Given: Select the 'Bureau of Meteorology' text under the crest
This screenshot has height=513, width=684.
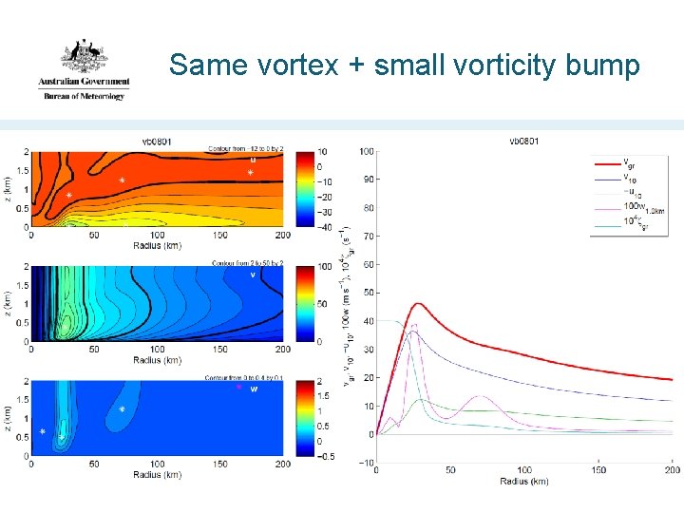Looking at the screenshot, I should [x=83, y=96].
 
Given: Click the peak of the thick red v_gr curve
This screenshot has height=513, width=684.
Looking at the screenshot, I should [x=419, y=304].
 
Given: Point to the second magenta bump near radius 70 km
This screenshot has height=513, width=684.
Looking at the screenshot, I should [x=481, y=397].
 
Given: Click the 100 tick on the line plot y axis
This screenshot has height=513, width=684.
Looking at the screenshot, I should [x=366, y=151].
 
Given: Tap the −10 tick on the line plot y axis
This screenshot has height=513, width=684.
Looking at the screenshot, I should [x=366, y=464].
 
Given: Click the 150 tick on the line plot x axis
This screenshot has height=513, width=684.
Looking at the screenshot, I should [x=598, y=470].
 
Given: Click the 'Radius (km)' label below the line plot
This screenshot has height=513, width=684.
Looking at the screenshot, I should [x=524, y=481].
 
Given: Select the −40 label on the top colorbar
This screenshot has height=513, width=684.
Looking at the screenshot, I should [x=324, y=228].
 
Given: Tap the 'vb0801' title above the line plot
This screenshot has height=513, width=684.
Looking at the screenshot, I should [x=524, y=142].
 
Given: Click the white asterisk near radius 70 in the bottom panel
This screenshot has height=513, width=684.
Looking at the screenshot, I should [x=123, y=409].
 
